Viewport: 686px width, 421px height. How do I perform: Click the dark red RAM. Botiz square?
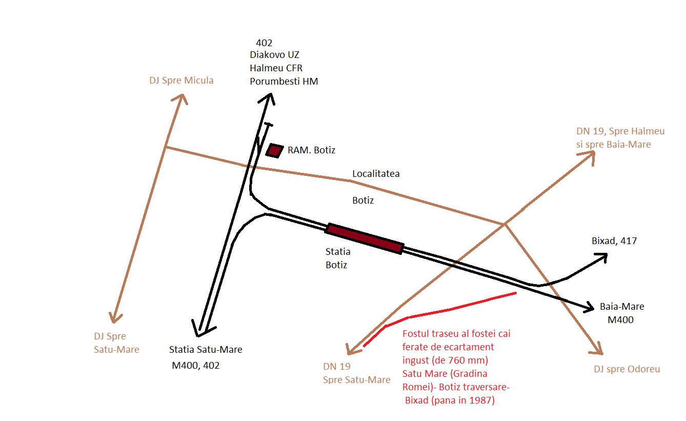(x=275, y=150)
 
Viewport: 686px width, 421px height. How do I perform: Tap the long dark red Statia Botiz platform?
(x=364, y=238)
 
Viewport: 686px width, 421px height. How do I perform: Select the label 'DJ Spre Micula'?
(x=181, y=81)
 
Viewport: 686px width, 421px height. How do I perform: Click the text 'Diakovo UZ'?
(x=274, y=54)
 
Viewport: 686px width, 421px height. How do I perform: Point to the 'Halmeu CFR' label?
(x=276, y=68)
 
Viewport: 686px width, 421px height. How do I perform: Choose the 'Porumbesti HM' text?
(x=284, y=81)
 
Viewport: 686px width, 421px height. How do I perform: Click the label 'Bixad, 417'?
(x=614, y=240)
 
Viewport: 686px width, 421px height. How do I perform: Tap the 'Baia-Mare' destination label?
(x=622, y=307)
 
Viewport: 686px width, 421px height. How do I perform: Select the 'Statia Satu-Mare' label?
(x=206, y=350)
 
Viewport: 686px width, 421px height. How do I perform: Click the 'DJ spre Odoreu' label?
(x=627, y=369)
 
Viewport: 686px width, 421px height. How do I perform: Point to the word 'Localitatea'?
(x=376, y=174)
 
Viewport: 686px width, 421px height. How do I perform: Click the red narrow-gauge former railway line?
(x=451, y=308)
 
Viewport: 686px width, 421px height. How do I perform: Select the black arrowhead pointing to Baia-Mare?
(x=589, y=307)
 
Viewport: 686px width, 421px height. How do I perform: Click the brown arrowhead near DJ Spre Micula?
(x=180, y=98)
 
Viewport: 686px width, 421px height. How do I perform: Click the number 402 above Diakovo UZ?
(x=264, y=43)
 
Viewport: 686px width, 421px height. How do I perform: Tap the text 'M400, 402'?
(x=195, y=366)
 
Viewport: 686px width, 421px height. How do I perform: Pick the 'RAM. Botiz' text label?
(x=311, y=150)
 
